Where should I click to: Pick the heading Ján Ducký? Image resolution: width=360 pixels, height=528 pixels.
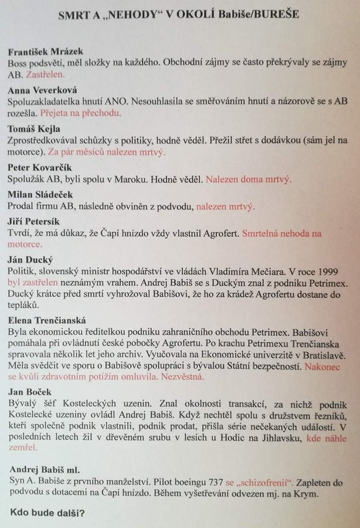coord(30,259)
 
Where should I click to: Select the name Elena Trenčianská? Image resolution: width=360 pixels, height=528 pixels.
coord(47,320)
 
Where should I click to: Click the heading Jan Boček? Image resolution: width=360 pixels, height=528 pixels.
coord(30,391)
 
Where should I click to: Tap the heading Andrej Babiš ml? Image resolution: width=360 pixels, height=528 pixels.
coord(45,469)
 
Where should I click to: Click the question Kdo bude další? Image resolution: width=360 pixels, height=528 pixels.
coord(47,513)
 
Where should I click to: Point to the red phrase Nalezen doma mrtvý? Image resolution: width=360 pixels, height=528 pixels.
coord(248,180)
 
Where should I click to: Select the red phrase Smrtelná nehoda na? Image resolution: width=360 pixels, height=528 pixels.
coord(282,233)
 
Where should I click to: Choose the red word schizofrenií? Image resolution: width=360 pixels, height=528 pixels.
coord(263,482)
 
